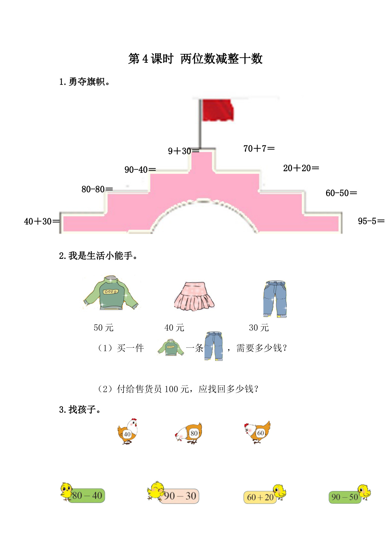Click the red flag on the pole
click(x=218, y=110)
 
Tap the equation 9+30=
click(x=183, y=151)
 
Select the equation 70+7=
click(x=259, y=148)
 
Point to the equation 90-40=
click(x=140, y=170)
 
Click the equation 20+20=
click(x=301, y=168)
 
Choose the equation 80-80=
click(x=97, y=189)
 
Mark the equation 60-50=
click(x=341, y=193)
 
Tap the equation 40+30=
click(x=42, y=221)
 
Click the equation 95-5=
click(x=371, y=221)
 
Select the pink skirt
click(x=194, y=296)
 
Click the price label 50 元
click(x=103, y=328)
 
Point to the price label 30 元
click(x=259, y=328)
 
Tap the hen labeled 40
click(x=128, y=432)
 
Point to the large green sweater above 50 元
click(x=111, y=293)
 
